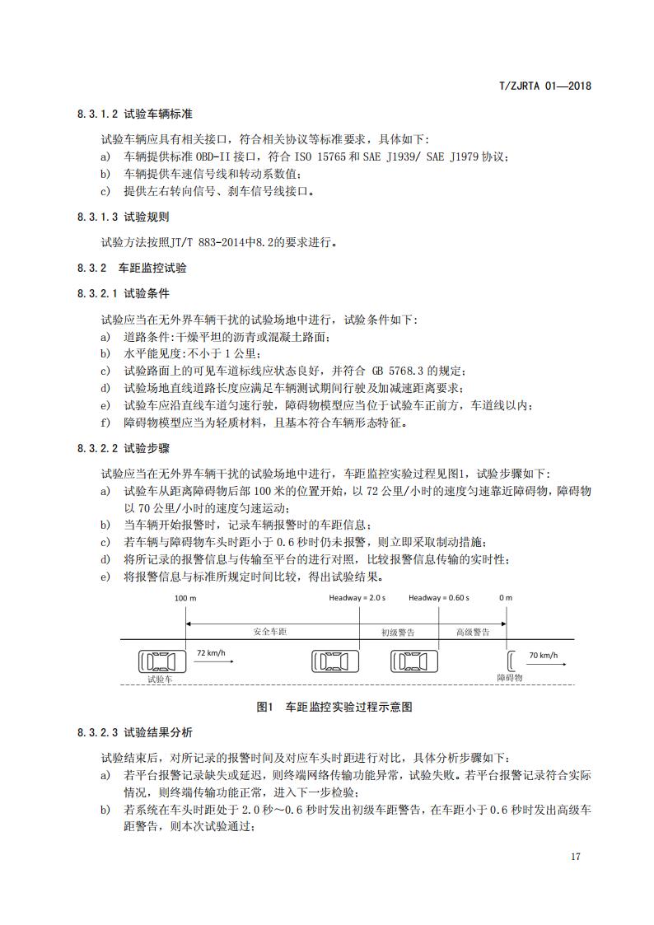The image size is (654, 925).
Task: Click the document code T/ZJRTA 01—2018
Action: tap(546, 86)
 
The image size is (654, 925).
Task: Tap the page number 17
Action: tap(576, 857)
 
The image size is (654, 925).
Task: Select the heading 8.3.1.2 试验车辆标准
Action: tap(135, 114)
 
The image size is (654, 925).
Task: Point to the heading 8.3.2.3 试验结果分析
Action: tap(135, 732)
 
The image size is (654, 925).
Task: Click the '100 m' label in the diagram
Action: tap(185, 598)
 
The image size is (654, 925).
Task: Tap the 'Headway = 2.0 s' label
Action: tap(357, 598)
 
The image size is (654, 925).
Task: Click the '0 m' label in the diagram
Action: tap(506, 598)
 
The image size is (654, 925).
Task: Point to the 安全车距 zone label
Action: tap(272, 632)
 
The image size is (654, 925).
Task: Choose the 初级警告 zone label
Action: tap(398, 632)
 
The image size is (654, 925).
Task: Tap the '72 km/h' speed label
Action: tap(210, 652)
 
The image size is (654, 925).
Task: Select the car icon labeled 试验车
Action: tap(162, 660)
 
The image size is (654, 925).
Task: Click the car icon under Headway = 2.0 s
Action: tap(335, 660)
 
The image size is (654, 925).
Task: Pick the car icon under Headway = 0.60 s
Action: tap(414, 660)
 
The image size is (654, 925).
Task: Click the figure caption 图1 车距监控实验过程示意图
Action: tap(334, 707)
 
